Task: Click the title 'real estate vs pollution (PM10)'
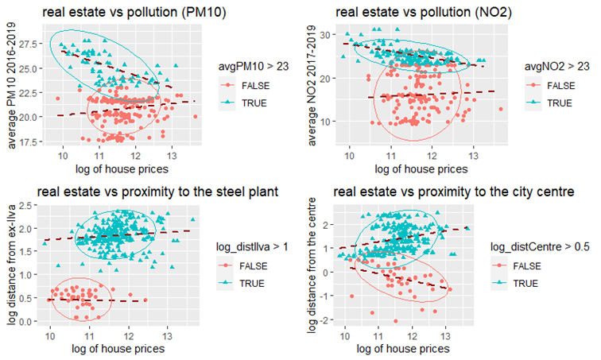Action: point(134,12)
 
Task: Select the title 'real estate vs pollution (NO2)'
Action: point(424,12)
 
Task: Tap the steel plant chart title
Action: point(157,192)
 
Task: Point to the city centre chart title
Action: point(454,192)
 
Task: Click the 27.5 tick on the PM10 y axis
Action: point(29,44)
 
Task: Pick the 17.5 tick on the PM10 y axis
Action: point(29,141)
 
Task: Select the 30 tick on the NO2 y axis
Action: point(326,35)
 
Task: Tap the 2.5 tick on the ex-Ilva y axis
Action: point(26,206)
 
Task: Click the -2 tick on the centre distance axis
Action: point(324,319)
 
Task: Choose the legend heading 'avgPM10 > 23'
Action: point(254,66)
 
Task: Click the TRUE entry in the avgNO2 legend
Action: point(560,103)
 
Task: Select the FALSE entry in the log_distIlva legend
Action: point(254,265)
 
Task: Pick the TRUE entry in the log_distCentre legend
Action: point(525,284)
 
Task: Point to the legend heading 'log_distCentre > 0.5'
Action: point(540,247)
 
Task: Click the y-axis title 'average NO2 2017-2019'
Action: point(312,85)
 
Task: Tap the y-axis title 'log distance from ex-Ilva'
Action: point(12,265)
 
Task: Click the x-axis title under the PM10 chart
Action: point(122,169)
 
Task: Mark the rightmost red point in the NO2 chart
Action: point(501,109)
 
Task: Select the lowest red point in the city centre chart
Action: point(396,321)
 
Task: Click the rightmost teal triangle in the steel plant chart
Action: point(193,219)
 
